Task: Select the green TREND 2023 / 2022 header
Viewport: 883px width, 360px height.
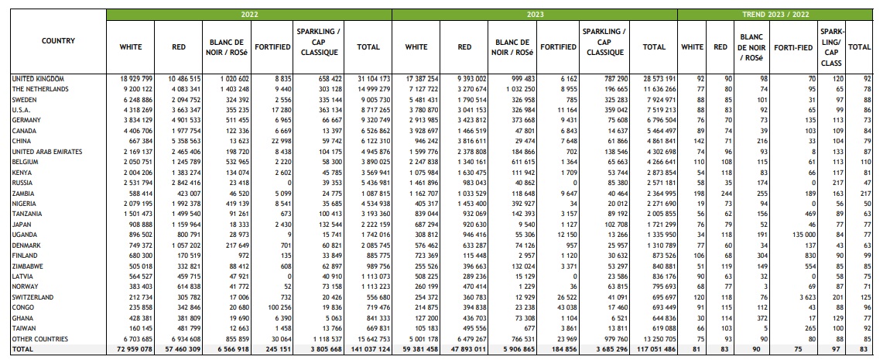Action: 775,14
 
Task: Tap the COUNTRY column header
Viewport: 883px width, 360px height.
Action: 59,41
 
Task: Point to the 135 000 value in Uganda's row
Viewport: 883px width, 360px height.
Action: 799,235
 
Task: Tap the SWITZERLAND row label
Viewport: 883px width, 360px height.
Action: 33,297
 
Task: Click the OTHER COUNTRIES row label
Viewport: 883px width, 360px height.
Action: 40,338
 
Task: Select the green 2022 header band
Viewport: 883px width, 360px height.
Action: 249,14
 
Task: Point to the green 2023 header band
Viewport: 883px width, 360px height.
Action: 535,14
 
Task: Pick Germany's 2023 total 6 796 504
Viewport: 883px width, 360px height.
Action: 656,121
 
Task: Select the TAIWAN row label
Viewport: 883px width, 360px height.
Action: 24,328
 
